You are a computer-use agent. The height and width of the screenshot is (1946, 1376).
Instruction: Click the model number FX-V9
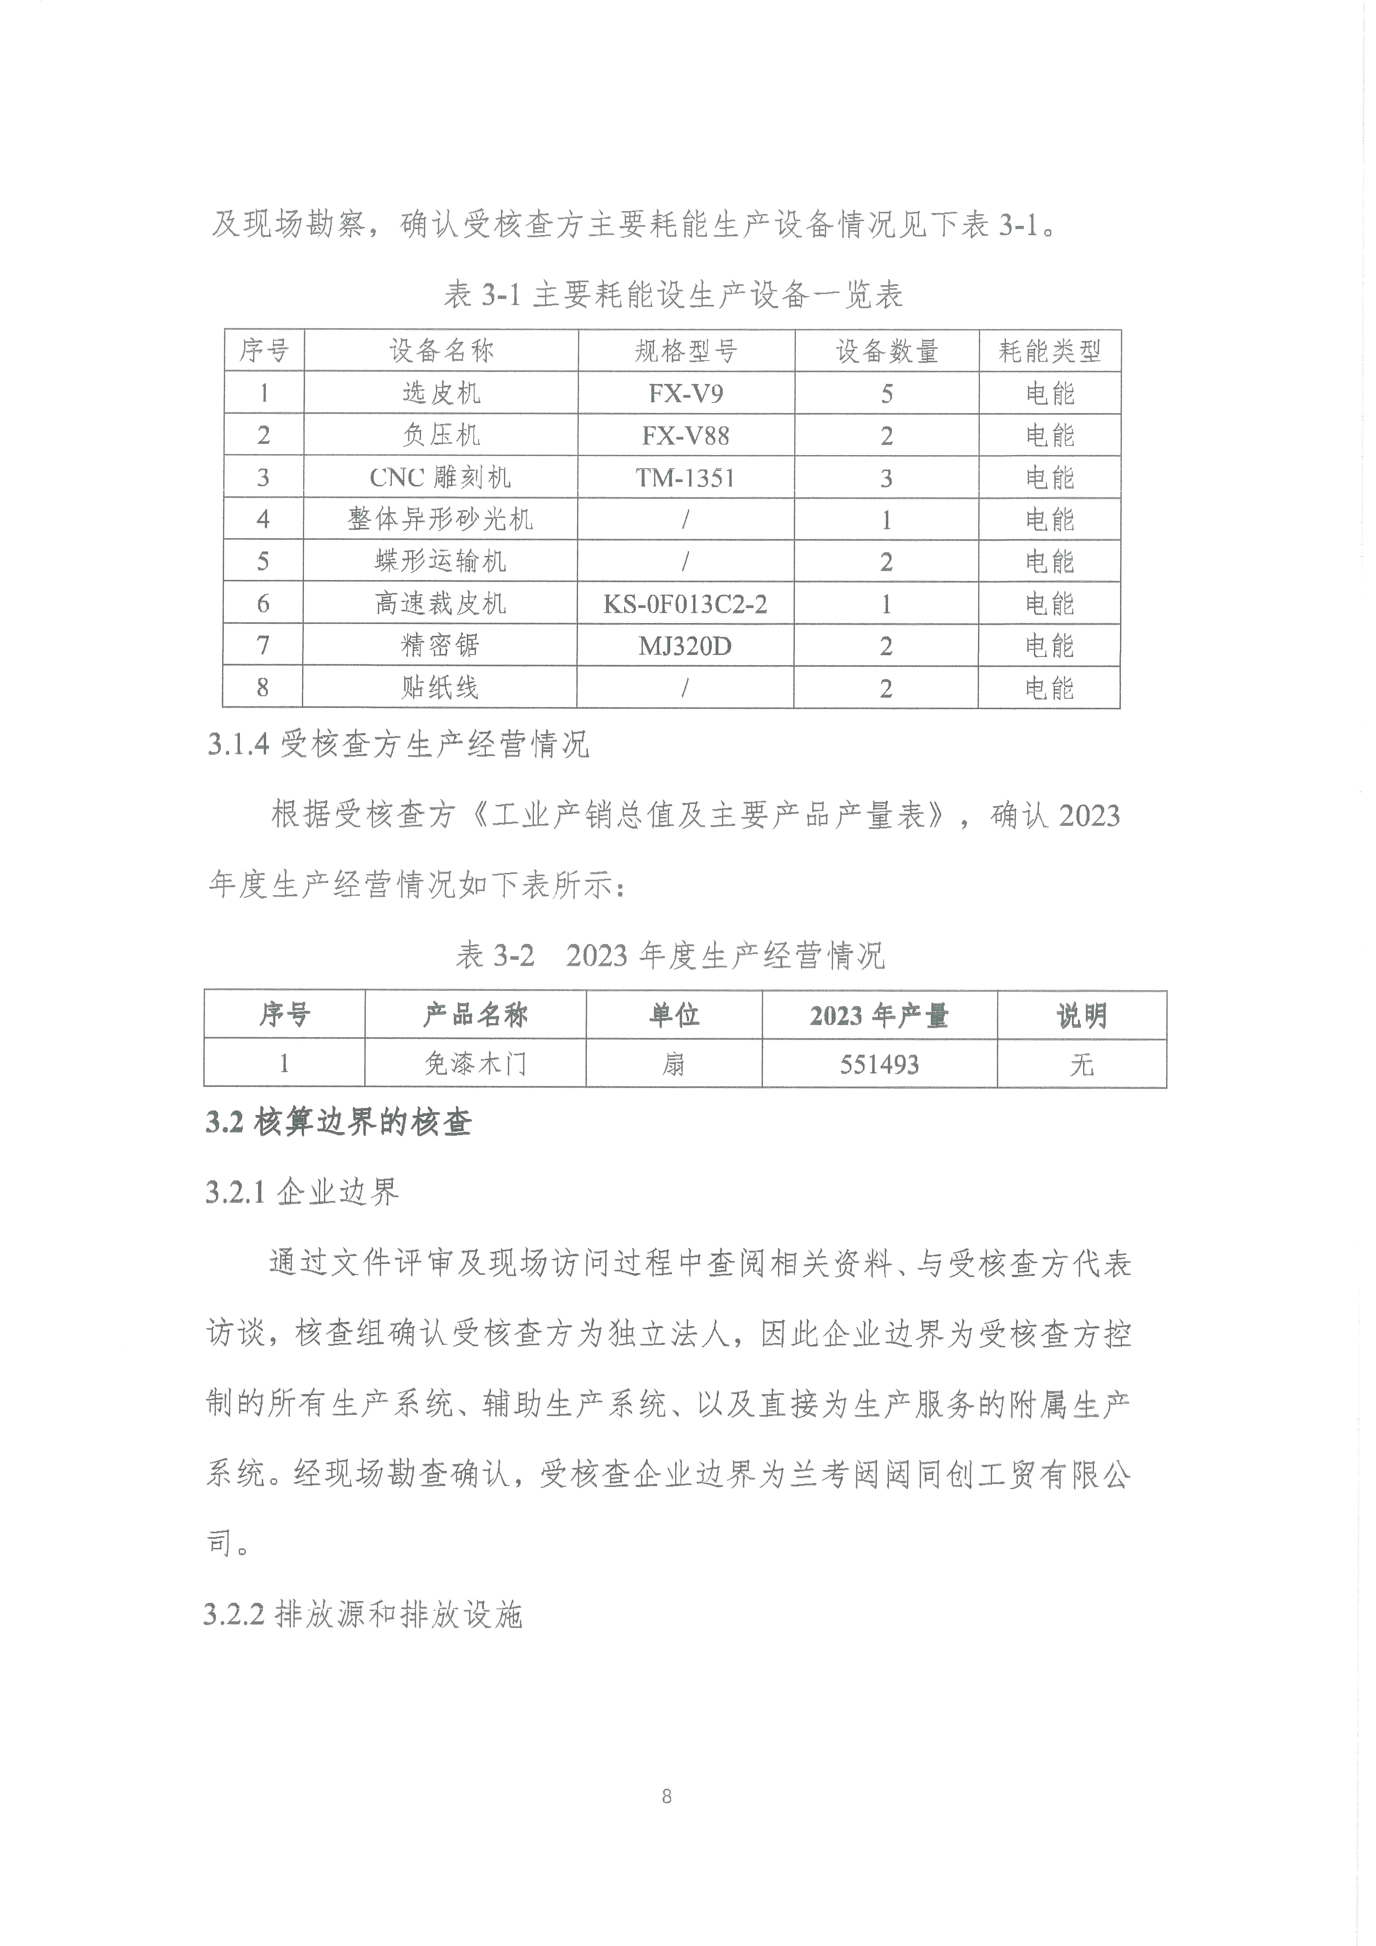coord(685,393)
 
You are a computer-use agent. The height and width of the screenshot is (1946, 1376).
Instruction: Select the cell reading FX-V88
coord(685,436)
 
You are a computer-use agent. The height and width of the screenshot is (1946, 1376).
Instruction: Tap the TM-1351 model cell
coord(685,478)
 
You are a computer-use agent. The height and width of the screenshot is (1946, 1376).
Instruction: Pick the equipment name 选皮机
coord(440,393)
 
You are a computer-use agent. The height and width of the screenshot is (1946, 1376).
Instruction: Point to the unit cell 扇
coord(674,1064)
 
